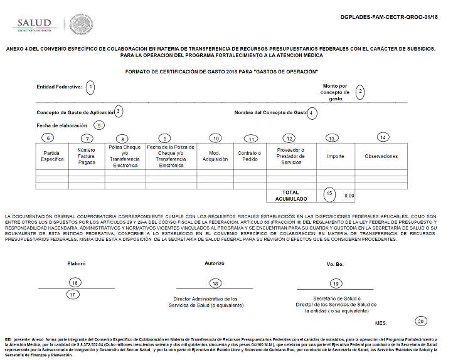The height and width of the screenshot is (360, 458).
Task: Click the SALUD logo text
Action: pos(34,23)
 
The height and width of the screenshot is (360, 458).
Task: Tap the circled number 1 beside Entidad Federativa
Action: pos(90,87)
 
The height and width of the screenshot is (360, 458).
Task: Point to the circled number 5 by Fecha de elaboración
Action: pos(99,125)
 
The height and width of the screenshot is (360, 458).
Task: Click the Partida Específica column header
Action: pos(52,156)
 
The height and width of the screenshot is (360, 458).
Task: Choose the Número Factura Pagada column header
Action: pos(87,156)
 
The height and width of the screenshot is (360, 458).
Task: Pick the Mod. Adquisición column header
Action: pos(125,156)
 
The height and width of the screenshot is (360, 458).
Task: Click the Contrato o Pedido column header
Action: pos(215,156)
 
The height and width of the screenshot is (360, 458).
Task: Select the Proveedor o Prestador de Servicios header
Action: pos(250,156)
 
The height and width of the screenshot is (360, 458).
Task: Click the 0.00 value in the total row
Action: pos(349,196)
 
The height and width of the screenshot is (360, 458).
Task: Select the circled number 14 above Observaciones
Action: pos(383,137)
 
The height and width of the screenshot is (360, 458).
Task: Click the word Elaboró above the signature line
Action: pos(76,264)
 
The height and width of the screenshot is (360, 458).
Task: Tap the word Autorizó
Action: pos(214,263)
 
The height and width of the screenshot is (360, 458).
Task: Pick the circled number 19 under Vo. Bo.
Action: pos(336,284)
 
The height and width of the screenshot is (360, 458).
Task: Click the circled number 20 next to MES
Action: pos(420,321)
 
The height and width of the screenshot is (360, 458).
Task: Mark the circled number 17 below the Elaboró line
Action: pos(73,294)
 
